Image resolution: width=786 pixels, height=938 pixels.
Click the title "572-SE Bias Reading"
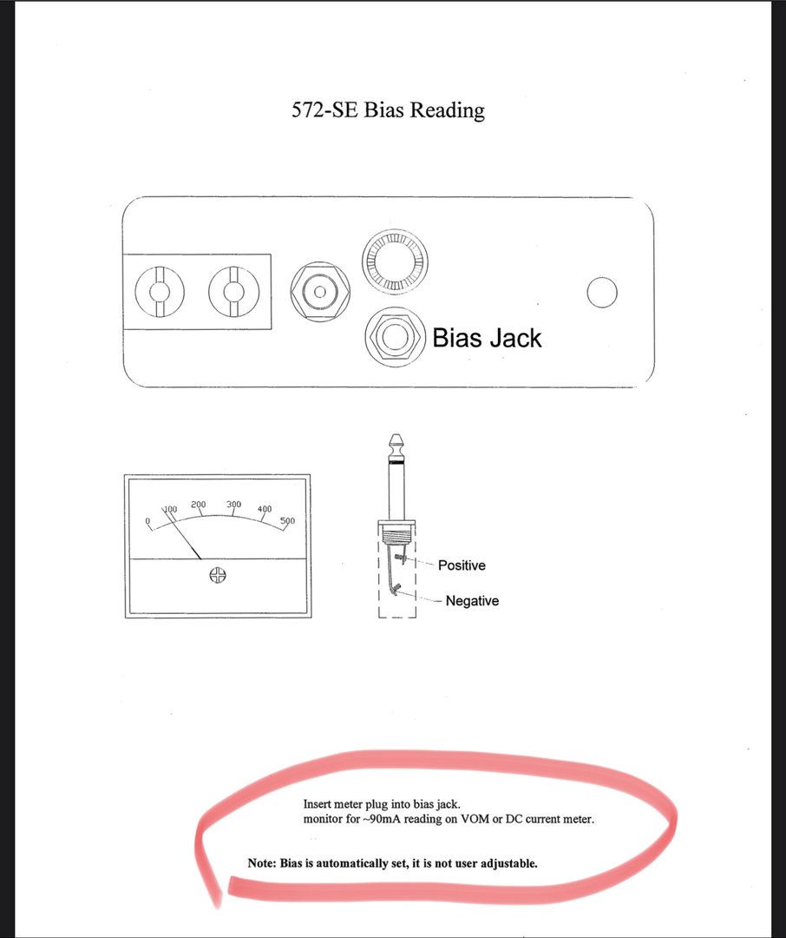pos(388,110)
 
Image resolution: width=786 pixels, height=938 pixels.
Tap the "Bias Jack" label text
pos(487,338)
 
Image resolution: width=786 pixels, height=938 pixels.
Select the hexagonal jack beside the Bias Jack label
pos(395,337)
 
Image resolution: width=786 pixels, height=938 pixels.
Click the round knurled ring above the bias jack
pos(395,262)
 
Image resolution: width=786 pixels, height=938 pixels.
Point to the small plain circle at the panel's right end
pos(602,293)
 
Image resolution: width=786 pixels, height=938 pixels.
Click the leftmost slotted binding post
pos(160,292)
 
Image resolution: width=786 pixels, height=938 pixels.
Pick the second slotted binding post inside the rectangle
pos(233,292)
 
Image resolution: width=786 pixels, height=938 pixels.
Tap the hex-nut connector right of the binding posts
pos(320,292)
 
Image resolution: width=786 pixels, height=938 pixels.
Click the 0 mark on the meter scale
pos(147,521)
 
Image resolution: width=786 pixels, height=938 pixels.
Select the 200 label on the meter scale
pos(199,505)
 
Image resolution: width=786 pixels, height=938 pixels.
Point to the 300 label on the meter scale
pos(233,505)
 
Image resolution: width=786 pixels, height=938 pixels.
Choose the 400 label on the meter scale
pos(265,509)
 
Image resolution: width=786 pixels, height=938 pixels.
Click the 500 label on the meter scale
pos(287,520)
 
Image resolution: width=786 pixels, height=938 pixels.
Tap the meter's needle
pos(181,533)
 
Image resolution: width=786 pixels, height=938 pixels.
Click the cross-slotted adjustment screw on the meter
pos(218,576)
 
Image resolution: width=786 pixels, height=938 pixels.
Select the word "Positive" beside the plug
pos(462,565)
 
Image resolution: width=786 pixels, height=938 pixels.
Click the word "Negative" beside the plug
pos(472,601)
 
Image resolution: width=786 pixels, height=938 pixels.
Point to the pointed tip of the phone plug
pos(396,435)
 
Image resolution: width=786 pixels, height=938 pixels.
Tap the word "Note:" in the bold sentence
pos(262,863)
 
